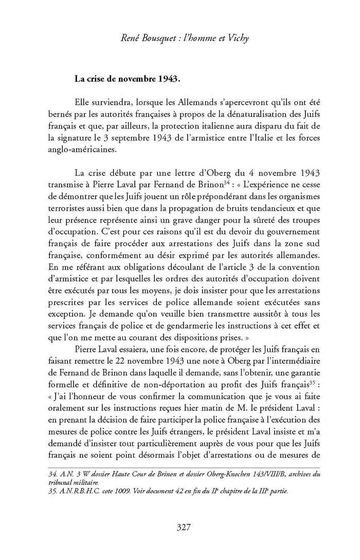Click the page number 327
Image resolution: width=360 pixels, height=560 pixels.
pos(184,527)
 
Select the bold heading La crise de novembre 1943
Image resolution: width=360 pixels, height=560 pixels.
pos(127,79)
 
